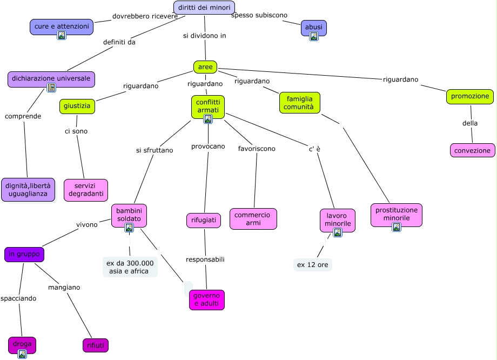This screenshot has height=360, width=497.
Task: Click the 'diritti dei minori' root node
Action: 204,8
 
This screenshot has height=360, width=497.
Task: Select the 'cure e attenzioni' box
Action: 61,26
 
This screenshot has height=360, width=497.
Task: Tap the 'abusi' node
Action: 313,26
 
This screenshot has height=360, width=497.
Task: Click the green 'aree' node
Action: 205,67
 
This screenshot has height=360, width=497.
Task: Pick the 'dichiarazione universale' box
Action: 51,78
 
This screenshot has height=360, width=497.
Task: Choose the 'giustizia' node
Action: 77,106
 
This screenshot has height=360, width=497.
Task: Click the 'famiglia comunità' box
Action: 300,103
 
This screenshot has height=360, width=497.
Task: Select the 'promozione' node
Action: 470,97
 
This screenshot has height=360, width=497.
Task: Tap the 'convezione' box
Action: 473,150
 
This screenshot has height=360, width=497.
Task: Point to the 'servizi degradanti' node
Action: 86,190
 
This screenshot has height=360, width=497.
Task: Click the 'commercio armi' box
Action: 253,219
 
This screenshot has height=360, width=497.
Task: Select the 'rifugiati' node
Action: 204,221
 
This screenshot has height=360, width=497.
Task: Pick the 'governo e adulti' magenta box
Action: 206,300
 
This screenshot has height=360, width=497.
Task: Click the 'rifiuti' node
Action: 95,345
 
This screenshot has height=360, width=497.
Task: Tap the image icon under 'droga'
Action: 22,354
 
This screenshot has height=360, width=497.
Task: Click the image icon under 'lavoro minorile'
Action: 338,232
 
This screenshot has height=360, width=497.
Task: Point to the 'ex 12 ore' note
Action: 312,265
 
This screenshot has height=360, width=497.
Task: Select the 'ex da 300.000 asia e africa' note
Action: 130,267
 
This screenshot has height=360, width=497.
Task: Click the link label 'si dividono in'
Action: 204,36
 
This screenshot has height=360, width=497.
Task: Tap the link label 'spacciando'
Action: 18,298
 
